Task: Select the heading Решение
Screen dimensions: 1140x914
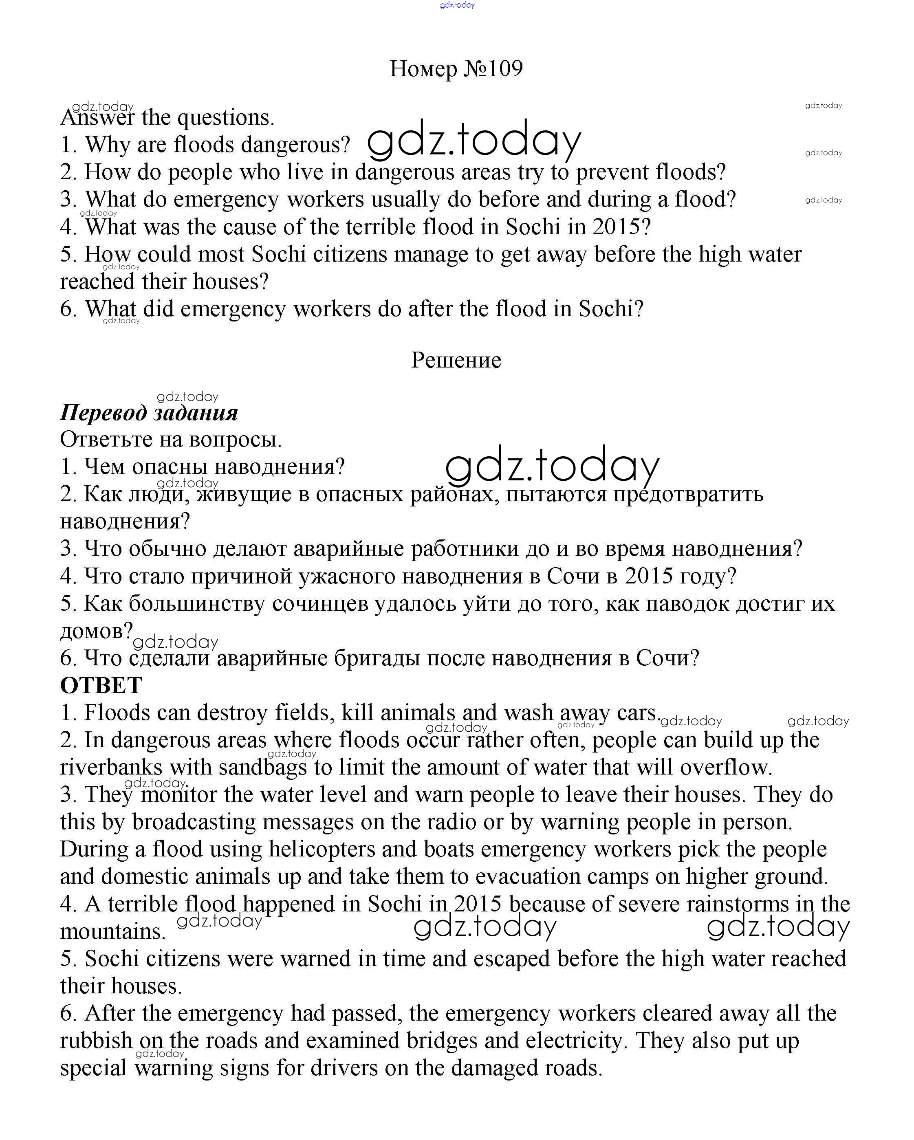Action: pos(456,360)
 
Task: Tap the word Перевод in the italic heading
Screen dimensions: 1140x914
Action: pos(103,412)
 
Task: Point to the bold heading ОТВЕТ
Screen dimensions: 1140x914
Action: pos(101,685)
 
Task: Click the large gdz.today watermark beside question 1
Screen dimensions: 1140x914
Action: pos(474,140)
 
